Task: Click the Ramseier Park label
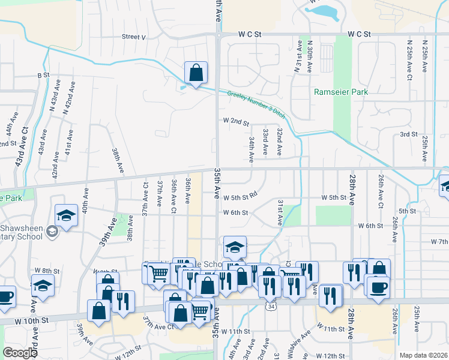coord(341,92)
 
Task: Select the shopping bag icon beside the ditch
coord(196,74)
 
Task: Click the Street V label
coord(134,37)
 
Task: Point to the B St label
coord(43,75)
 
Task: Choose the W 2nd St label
coord(236,122)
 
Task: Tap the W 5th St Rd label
coord(240,196)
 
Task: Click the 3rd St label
coord(408,134)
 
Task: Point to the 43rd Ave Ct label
coord(22,147)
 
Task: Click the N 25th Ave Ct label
coord(409,60)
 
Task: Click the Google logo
coord(20,353)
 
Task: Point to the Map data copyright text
coord(424,355)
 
